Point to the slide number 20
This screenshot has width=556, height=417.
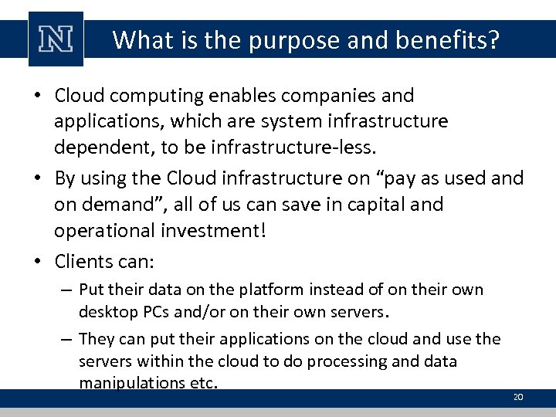pos(518,397)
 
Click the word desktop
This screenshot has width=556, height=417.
pos(109,313)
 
